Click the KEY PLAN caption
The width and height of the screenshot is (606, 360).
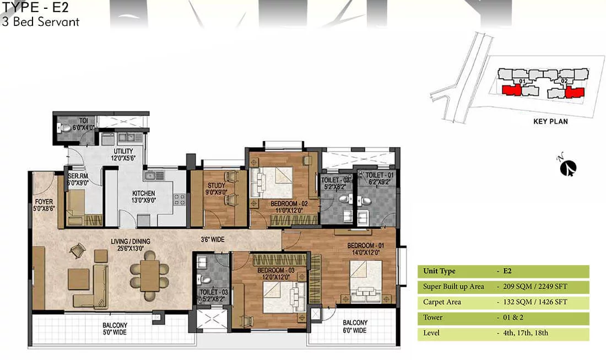click(x=550, y=121)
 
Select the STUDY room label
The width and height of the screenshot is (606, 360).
click(x=217, y=189)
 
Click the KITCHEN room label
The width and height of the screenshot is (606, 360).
click(x=143, y=196)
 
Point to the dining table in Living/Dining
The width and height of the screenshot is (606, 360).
click(x=149, y=275)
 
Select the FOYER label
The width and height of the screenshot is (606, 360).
click(x=44, y=205)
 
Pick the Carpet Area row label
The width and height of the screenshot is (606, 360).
click(x=442, y=302)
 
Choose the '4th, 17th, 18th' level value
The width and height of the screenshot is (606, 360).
click(x=526, y=333)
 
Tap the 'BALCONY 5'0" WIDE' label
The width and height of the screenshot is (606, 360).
click(x=115, y=329)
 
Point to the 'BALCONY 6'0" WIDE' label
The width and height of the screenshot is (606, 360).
click(x=355, y=326)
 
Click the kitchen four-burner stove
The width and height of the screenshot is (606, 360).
click(x=180, y=199)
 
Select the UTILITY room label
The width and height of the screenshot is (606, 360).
click(x=123, y=155)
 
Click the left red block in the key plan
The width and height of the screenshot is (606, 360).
click(x=511, y=90)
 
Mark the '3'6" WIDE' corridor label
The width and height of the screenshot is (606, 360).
click(x=213, y=239)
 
